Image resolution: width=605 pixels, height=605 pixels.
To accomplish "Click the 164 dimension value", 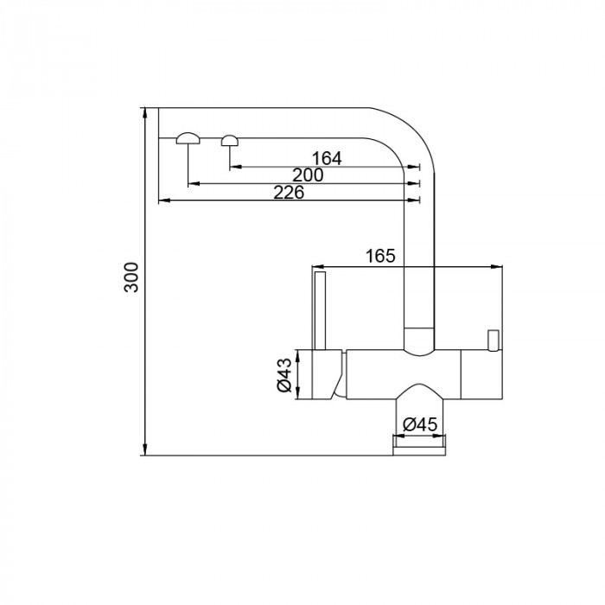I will (327, 158).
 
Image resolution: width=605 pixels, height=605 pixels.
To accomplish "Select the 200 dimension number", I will (308, 175).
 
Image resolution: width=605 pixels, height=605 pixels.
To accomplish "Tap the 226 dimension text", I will (288, 193).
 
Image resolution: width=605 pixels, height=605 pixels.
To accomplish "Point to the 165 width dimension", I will (380, 256).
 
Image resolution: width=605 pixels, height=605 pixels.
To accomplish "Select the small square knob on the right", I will (494, 340).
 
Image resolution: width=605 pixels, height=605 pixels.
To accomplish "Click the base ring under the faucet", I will (419, 443).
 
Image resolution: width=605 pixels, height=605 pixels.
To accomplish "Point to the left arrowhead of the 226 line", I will (162, 201).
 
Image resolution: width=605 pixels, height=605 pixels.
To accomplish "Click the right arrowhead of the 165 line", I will (500, 264).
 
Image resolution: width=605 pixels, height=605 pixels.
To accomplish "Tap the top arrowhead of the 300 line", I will (144, 111).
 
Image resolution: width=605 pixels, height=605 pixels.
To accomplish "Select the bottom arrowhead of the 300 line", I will (144, 452).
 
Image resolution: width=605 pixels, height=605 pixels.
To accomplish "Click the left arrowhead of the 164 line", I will (232, 166).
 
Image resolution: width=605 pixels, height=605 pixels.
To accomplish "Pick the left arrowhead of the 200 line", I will (191, 183).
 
